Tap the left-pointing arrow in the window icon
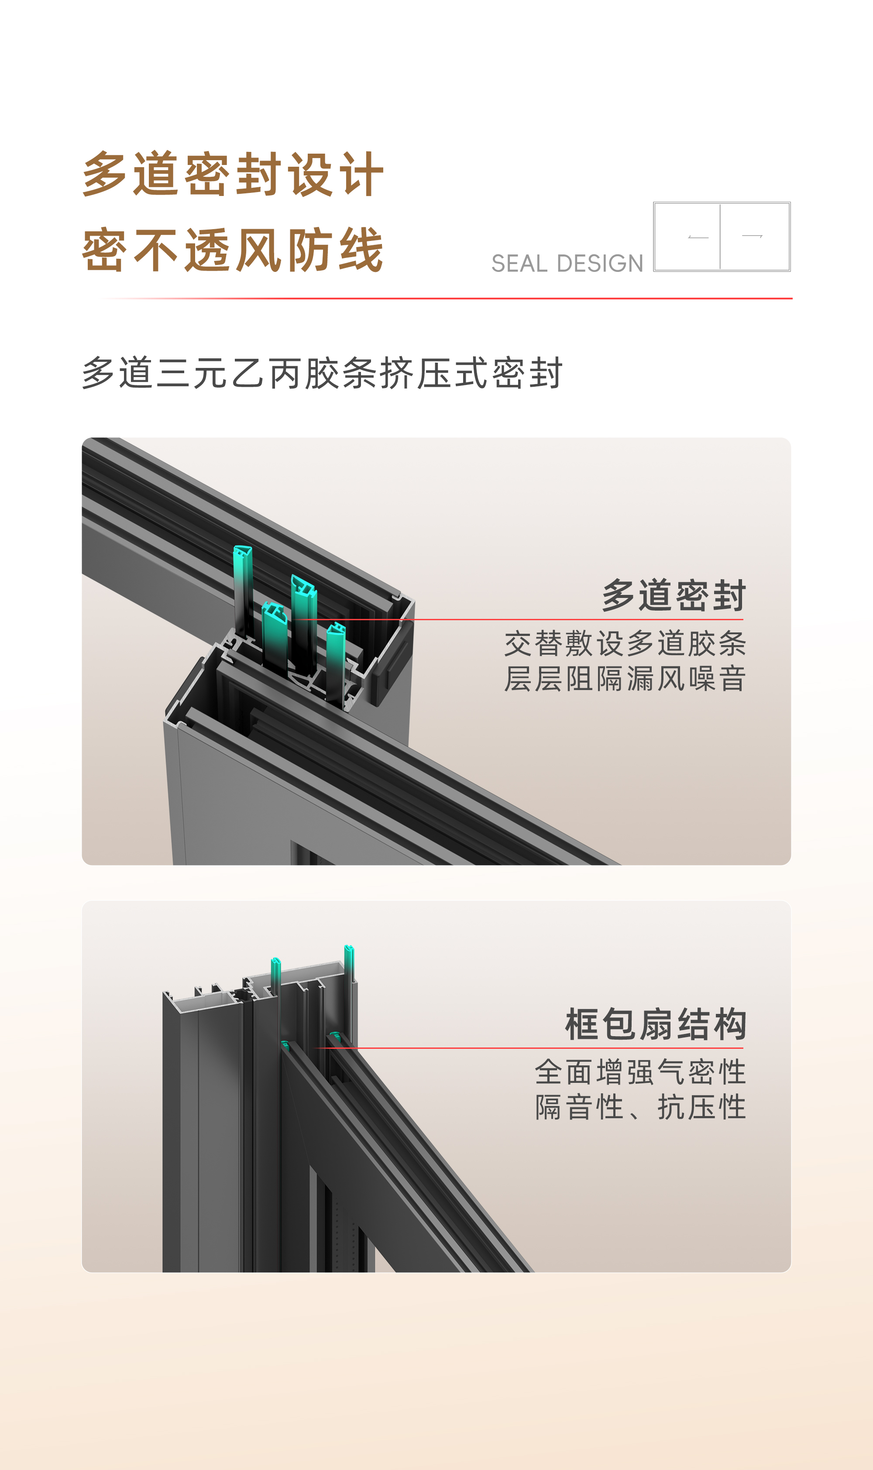[x=698, y=237]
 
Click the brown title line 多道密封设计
[x=233, y=174]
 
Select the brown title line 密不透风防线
[x=233, y=251]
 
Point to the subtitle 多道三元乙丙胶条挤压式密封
[x=323, y=374]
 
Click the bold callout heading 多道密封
[x=674, y=595]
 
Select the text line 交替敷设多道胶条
[x=625, y=643]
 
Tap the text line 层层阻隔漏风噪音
[x=625, y=679]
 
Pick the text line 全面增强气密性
[x=640, y=1072]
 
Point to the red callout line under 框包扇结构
[x=529, y=1048]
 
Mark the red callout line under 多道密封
[x=518, y=619]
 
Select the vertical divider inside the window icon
[x=720, y=237]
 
